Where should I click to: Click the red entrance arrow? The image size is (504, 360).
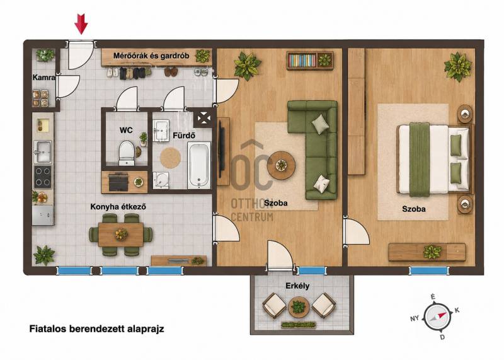click(81, 24)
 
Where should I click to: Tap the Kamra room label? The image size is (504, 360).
click(43, 78)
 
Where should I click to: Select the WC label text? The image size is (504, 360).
click(126, 131)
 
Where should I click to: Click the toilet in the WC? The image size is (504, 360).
click(127, 153)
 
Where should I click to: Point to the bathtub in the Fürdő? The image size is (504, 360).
click(199, 165)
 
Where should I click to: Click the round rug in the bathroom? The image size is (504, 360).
click(170, 158)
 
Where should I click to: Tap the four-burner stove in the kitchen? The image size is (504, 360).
click(43, 177)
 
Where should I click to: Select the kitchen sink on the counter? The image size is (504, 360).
click(43, 151)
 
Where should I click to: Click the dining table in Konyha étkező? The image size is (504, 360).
click(120, 235)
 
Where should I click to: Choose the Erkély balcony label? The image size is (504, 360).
click(297, 286)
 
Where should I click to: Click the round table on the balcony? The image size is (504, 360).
click(299, 306)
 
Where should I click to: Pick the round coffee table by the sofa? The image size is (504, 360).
click(282, 165)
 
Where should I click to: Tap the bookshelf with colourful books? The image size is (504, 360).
click(310, 61)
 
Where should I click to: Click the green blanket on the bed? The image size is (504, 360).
click(420, 160)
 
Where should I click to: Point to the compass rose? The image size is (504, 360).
click(436, 316)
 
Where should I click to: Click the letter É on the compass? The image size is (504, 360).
click(433, 297)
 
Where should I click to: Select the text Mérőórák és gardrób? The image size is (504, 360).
click(151, 55)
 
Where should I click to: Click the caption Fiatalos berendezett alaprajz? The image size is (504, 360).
click(97, 329)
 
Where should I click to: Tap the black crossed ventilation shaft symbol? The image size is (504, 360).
click(203, 119)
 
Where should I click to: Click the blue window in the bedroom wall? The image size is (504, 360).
click(428, 271)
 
